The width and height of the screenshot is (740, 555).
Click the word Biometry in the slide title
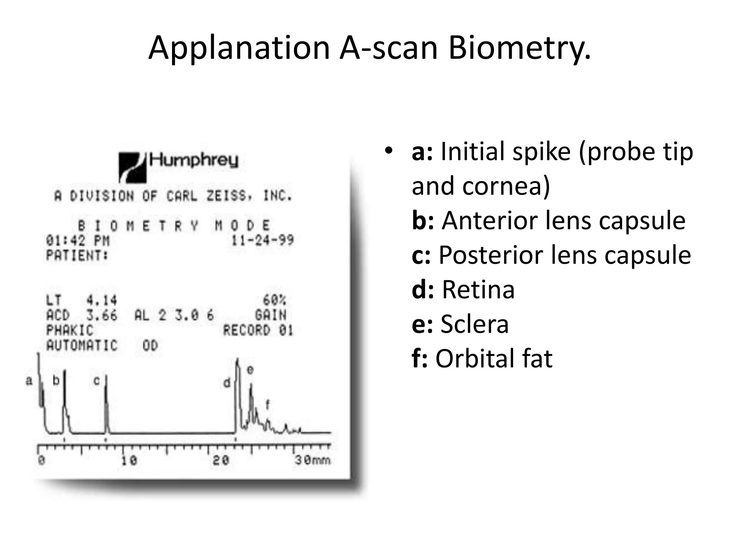point(519,48)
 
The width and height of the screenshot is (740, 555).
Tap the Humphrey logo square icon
point(132,167)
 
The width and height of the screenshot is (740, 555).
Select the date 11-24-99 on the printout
point(262,240)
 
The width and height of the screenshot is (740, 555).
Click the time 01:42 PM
point(77,240)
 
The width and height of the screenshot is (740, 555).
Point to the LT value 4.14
point(102,300)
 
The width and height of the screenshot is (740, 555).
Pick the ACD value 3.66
point(102,315)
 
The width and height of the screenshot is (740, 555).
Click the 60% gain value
point(274,300)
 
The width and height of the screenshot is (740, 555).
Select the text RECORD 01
point(258,330)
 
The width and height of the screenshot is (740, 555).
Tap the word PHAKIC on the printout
point(69,330)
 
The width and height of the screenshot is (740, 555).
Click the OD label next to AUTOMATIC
point(150,345)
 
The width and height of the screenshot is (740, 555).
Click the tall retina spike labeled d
point(237,390)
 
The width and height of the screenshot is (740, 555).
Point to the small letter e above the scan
point(250,370)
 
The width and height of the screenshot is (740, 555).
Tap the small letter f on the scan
point(267,404)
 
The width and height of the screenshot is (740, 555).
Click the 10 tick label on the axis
point(129,460)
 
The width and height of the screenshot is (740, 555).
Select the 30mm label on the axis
point(312,460)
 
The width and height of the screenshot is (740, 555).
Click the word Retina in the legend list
point(478,289)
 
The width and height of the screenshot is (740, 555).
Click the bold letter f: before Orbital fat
point(420,358)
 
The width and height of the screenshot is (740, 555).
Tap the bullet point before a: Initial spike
point(388,151)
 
